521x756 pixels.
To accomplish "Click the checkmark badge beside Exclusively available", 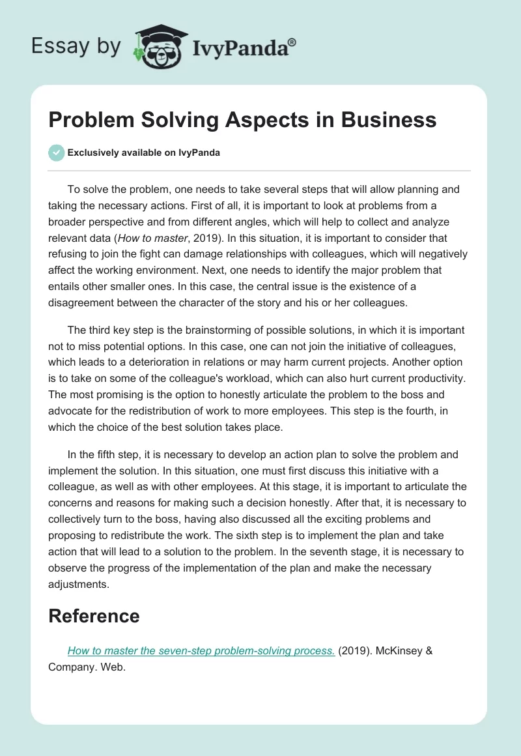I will coord(56,153).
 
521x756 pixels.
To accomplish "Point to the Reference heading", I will coord(94,616).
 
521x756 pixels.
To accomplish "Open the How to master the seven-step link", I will coord(201,651).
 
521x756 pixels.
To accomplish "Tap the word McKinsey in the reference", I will coord(398,651).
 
